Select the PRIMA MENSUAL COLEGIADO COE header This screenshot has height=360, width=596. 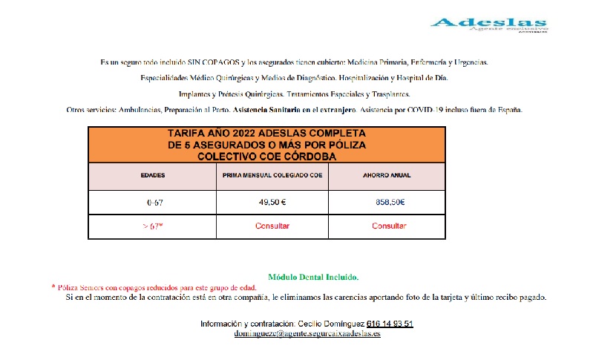pos(272,176)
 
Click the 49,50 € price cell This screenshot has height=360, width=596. pos(272,202)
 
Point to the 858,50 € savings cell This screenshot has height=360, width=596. pos(389,202)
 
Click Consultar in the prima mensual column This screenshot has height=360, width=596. pos(272,226)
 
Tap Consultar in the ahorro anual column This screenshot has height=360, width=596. pos(389,226)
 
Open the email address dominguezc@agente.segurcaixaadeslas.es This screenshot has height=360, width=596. pos(307,334)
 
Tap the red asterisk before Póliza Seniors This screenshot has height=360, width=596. pos(53,287)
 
